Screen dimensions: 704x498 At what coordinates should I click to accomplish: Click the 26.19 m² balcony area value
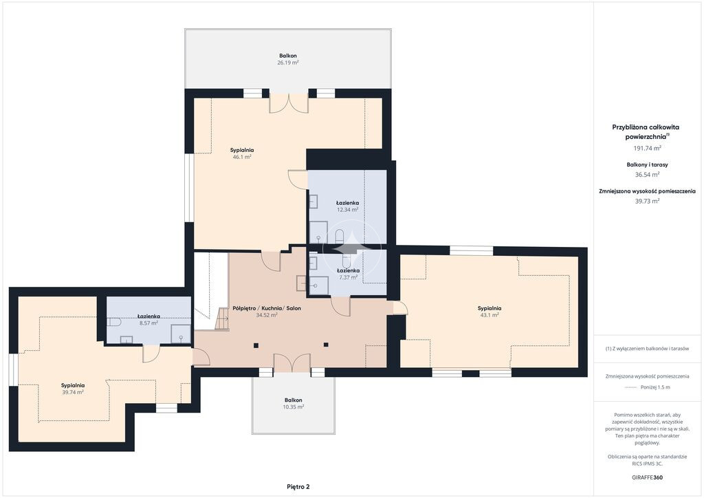tap(288, 63)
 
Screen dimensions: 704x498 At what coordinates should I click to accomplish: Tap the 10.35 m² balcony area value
tap(293, 407)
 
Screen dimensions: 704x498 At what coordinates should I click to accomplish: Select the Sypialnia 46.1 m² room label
tap(242, 153)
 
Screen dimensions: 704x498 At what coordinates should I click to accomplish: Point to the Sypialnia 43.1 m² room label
tap(489, 312)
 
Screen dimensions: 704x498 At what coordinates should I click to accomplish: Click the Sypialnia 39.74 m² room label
tap(73, 389)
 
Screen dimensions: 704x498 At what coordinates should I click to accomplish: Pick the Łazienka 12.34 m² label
tap(347, 206)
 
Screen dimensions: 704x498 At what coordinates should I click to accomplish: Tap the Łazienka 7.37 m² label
tap(348, 274)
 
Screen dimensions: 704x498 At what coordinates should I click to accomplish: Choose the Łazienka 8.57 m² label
tap(148, 320)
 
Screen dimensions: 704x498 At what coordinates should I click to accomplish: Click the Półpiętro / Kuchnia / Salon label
tap(267, 309)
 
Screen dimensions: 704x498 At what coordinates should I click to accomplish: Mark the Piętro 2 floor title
tap(298, 486)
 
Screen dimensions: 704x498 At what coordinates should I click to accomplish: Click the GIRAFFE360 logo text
tap(647, 477)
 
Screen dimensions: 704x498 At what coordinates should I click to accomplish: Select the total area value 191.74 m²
tap(647, 148)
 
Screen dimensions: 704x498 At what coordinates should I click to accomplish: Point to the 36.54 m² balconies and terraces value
tap(647, 175)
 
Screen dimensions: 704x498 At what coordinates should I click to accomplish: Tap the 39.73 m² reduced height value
tap(647, 201)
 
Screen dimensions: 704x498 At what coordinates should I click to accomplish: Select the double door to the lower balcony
tap(291, 362)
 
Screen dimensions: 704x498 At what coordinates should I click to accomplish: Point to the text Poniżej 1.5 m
tap(655, 387)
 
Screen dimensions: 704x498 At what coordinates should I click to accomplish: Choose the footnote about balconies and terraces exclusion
tap(647, 349)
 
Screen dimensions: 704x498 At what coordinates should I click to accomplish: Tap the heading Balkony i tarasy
tap(647, 165)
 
